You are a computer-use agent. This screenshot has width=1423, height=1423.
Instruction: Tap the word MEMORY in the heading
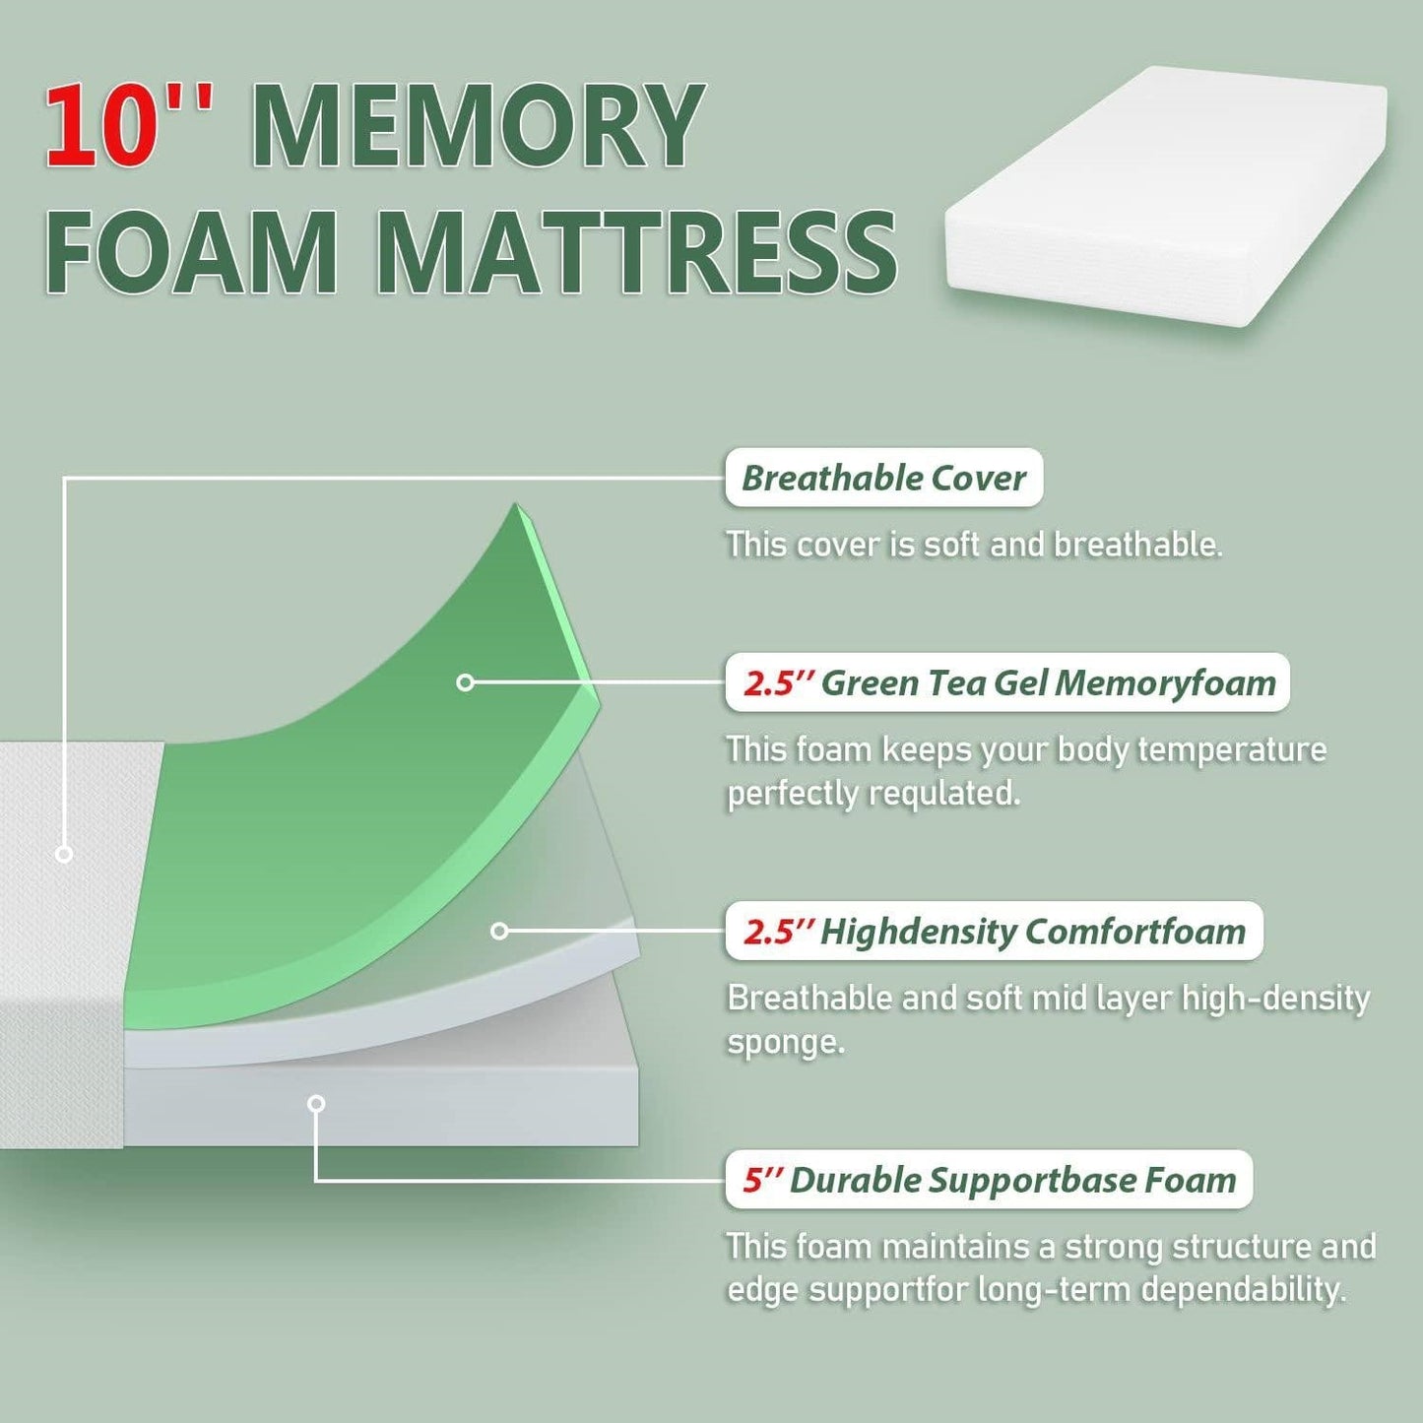click(x=478, y=126)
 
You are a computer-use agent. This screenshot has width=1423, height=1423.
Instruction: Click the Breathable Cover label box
click(x=883, y=479)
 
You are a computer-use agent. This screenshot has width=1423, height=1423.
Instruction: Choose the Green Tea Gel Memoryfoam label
click(x=1007, y=682)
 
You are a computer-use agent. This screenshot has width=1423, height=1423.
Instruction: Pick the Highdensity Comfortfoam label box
click(x=994, y=931)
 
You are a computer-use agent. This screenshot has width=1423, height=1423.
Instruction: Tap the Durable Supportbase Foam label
click(x=989, y=1180)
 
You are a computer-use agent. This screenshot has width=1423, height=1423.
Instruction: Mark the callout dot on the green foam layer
click(x=466, y=682)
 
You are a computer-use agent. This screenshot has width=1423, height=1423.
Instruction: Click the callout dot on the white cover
click(x=64, y=854)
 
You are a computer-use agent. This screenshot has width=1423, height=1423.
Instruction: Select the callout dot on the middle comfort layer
click(x=499, y=931)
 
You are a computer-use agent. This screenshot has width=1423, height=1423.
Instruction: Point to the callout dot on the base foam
click(x=316, y=1104)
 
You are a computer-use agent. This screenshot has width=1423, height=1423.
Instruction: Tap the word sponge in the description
click(x=785, y=1042)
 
